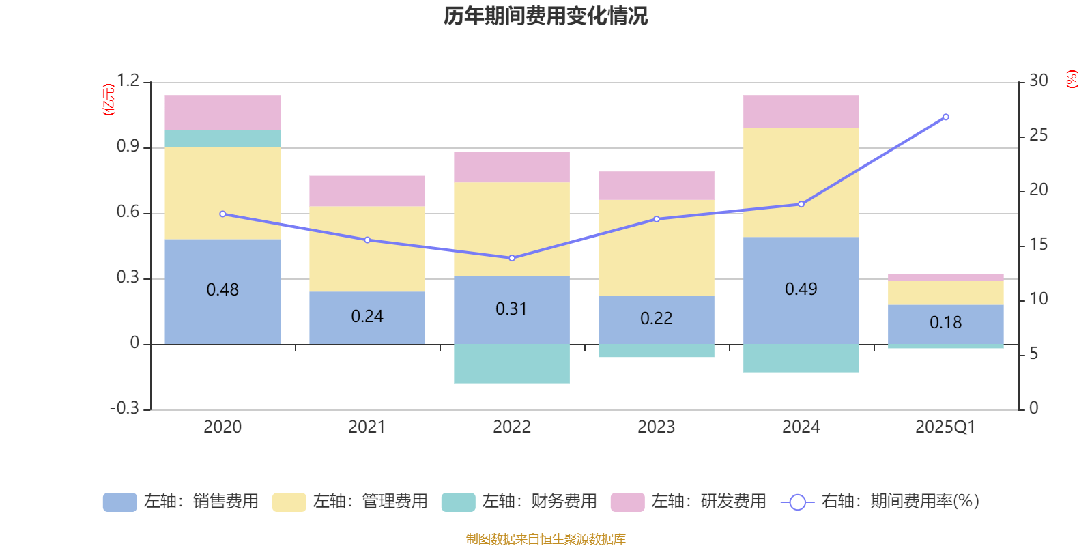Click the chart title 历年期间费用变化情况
tap(545, 16)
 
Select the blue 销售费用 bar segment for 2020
tap(222, 314)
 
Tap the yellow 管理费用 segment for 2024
tap(801, 182)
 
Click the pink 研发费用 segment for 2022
tap(511, 167)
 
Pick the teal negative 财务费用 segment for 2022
tap(511, 364)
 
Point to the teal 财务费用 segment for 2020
tap(222, 139)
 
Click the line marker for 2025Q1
tap(945, 117)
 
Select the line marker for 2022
tap(512, 258)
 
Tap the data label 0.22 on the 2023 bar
tap(656, 319)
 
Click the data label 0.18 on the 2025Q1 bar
tap(945, 323)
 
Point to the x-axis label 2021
tap(367, 427)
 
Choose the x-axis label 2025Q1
tap(945, 427)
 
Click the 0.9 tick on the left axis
tap(128, 147)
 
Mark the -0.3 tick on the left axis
tap(124, 408)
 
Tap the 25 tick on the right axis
tap(1038, 136)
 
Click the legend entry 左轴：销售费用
tap(181, 502)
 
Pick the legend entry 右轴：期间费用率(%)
tap(880, 502)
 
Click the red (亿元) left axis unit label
tap(108, 100)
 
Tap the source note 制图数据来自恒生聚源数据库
tap(545, 539)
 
